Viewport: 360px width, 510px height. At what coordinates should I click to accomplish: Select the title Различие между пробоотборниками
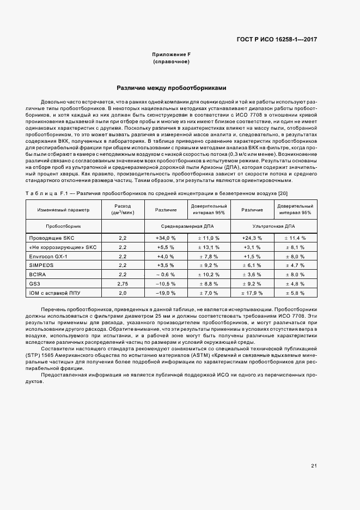pyautogui.click(x=171, y=88)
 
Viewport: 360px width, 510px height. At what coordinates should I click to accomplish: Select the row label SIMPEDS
pyautogui.click(x=41, y=265)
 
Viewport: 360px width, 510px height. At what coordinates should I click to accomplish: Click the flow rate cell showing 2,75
pyautogui.click(x=123, y=284)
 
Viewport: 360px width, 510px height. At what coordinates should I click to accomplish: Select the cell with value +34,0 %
pyautogui.click(x=166, y=238)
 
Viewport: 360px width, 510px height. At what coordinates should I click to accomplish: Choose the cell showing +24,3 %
pyautogui.click(x=252, y=238)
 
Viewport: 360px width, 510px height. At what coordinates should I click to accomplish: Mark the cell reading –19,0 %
pyautogui.click(x=166, y=293)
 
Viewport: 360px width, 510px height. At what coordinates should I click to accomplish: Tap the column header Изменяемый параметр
pyautogui.click(x=63, y=210)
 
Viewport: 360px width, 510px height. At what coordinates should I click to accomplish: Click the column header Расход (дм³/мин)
pyautogui.click(x=123, y=210)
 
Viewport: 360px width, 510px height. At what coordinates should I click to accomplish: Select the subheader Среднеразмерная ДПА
pyautogui.click(x=187, y=225)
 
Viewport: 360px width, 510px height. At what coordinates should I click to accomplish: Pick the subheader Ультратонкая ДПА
pyautogui.click(x=274, y=225)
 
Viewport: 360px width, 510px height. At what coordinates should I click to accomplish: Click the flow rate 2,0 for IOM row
pyautogui.click(x=123, y=293)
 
